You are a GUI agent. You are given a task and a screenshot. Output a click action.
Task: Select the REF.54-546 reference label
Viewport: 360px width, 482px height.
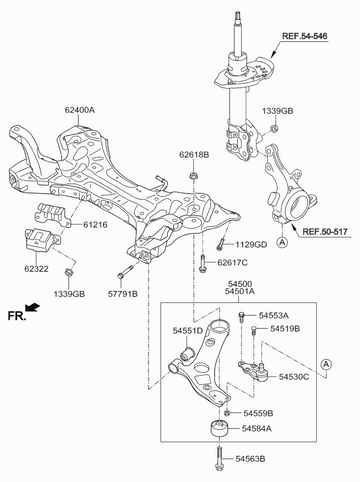tap(305, 37)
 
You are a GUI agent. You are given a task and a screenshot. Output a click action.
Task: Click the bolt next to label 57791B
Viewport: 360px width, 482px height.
tap(125, 271)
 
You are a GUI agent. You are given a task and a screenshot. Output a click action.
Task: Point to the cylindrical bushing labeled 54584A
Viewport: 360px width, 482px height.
tap(220, 428)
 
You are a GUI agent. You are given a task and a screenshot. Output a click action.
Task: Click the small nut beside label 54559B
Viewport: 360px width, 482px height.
tap(227, 413)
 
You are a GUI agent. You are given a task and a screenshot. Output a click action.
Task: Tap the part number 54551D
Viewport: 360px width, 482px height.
tap(188, 330)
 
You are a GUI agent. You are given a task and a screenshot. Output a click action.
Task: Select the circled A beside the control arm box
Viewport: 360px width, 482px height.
tap(325, 364)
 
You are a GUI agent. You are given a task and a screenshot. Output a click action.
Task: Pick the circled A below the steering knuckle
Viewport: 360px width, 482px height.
tap(282, 242)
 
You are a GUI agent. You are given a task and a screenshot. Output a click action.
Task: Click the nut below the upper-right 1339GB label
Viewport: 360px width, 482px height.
tap(274, 128)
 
